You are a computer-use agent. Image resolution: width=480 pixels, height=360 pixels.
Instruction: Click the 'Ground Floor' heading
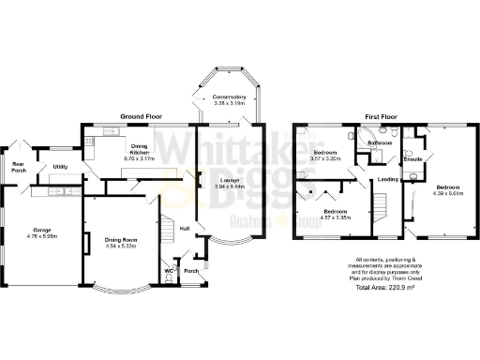(x=141, y=116)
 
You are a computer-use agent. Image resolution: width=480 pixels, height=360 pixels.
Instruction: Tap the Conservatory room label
(x=229, y=97)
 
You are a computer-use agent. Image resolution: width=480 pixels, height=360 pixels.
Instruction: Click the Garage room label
(x=40, y=230)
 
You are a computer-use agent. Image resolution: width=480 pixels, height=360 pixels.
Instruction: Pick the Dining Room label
(x=122, y=240)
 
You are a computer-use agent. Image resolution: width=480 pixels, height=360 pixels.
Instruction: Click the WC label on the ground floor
(x=169, y=272)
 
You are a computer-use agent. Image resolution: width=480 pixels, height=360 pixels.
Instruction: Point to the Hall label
(x=185, y=228)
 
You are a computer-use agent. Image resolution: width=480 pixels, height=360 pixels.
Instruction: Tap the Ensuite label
(x=413, y=158)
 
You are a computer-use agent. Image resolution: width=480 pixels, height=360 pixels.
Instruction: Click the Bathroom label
(x=380, y=143)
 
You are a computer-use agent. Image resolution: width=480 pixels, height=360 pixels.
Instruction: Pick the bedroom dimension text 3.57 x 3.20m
(x=327, y=159)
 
